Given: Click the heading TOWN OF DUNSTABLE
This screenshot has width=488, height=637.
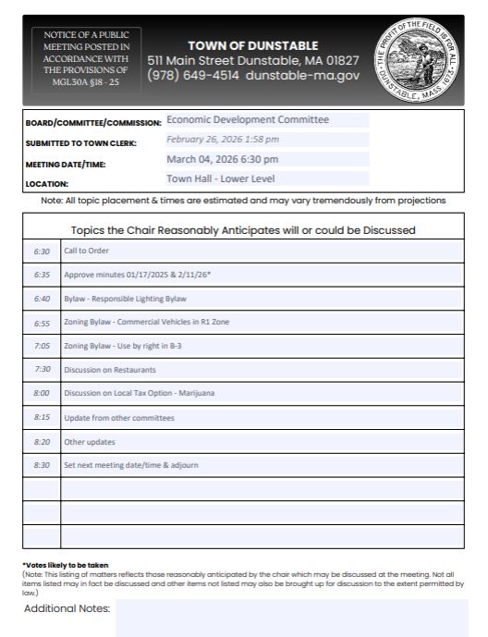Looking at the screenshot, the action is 253,46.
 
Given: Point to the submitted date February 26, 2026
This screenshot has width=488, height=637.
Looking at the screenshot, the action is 223,140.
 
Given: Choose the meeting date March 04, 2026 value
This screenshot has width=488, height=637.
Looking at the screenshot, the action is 222,159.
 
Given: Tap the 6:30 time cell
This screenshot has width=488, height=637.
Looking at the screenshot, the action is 43,251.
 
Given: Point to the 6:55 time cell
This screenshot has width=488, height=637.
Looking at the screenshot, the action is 43,322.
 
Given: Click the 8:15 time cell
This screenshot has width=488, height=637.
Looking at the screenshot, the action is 43,417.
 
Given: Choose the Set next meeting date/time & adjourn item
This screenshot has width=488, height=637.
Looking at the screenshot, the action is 130,465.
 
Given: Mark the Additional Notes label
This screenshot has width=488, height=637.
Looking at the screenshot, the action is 67,608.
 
